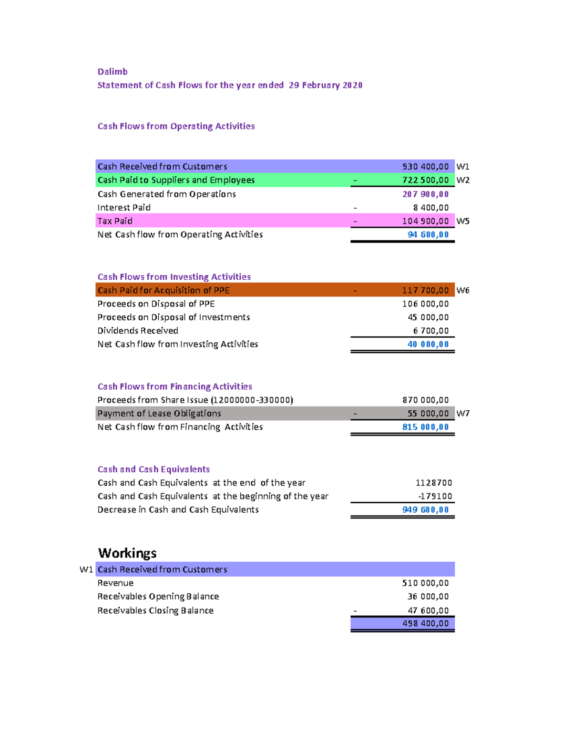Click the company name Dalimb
(x=112, y=71)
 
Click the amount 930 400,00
(x=425, y=166)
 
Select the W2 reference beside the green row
(x=462, y=180)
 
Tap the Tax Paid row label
(x=115, y=221)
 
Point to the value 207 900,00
(x=425, y=194)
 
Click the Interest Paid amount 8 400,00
(x=430, y=207)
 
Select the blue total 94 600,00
(x=428, y=234)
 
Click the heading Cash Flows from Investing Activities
(x=174, y=277)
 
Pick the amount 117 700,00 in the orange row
(x=425, y=290)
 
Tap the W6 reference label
(x=462, y=290)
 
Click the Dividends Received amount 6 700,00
(x=430, y=331)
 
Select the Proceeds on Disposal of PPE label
(x=156, y=304)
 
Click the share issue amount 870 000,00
(x=425, y=400)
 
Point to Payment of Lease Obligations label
(x=159, y=413)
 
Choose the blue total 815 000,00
(x=425, y=427)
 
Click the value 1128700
(x=433, y=483)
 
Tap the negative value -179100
(x=435, y=496)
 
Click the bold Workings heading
(x=127, y=553)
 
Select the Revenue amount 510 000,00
(x=425, y=583)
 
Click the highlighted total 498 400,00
(x=425, y=623)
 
